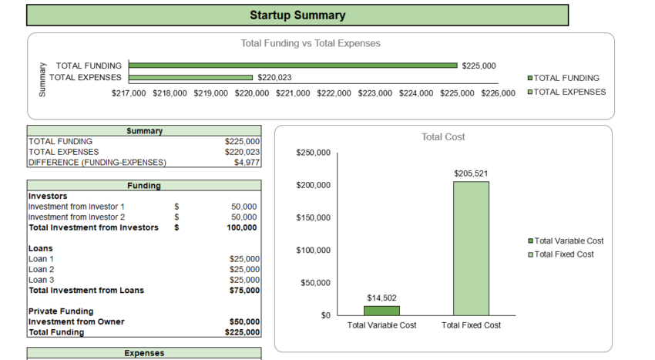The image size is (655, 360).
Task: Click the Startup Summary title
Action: pyautogui.click(x=297, y=15)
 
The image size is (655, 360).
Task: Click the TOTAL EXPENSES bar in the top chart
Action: pyautogui.click(x=191, y=77)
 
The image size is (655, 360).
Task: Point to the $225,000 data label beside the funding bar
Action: pyautogui.click(x=479, y=66)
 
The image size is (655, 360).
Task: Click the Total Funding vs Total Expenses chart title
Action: pyautogui.click(x=311, y=43)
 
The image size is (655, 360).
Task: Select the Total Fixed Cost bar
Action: pyautogui.click(x=471, y=248)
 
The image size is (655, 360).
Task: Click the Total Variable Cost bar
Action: pyautogui.click(x=381, y=311)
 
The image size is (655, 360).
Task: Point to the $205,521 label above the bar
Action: pyautogui.click(x=471, y=173)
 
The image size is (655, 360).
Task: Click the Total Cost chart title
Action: pyautogui.click(x=443, y=137)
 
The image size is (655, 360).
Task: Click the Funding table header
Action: pyautogui.click(x=144, y=186)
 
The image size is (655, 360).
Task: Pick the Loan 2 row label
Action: pyautogui.click(x=42, y=269)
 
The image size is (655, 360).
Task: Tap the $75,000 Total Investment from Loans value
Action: pyautogui.click(x=244, y=291)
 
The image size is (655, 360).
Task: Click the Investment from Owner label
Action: pyautogui.click(x=76, y=321)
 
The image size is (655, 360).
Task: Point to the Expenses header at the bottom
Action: pyautogui.click(x=144, y=353)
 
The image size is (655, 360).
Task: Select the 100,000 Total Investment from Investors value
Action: pyautogui.click(x=244, y=227)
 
